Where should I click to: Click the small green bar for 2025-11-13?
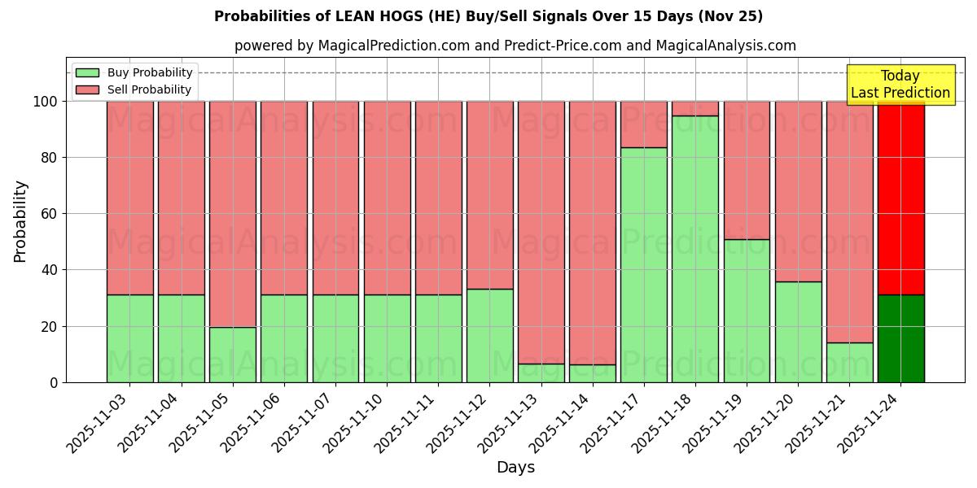point(541,373)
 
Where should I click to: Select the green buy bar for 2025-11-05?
point(233,355)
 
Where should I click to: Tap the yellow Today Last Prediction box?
point(900,85)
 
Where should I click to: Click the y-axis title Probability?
point(20,221)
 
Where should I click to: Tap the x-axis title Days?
point(515,468)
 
